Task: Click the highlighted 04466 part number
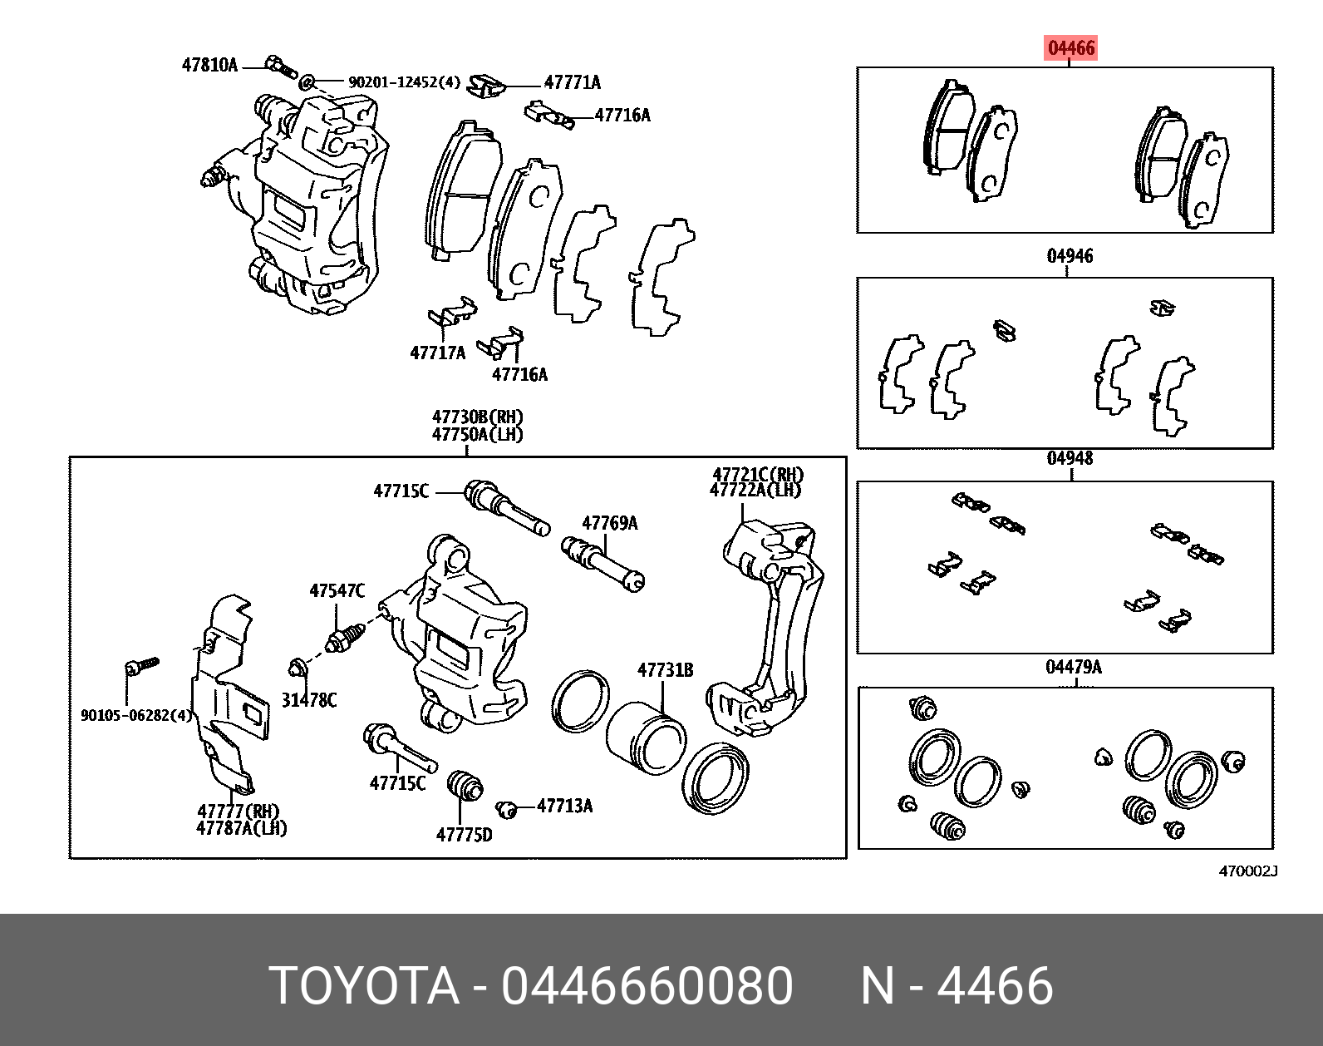click(x=1071, y=48)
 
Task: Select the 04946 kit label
click(x=1070, y=255)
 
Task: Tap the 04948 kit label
click(x=1070, y=458)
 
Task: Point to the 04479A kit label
click(x=1073, y=667)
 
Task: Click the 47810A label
click(x=209, y=65)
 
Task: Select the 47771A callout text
click(x=572, y=82)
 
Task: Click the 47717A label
click(x=437, y=353)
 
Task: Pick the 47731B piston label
click(x=665, y=670)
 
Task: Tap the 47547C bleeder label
click(x=337, y=591)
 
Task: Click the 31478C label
click(x=308, y=700)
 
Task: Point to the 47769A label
click(x=609, y=523)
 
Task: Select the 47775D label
click(x=464, y=834)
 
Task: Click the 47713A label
click(x=564, y=805)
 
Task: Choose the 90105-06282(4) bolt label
click(x=135, y=715)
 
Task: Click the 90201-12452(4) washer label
click(x=404, y=82)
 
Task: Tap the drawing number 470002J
click(x=1247, y=871)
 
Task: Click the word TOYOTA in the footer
click(x=365, y=986)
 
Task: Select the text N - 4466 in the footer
click(x=957, y=986)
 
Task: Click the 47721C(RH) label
click(x=757, y=475)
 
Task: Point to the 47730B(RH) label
click(x=477, y=417)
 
